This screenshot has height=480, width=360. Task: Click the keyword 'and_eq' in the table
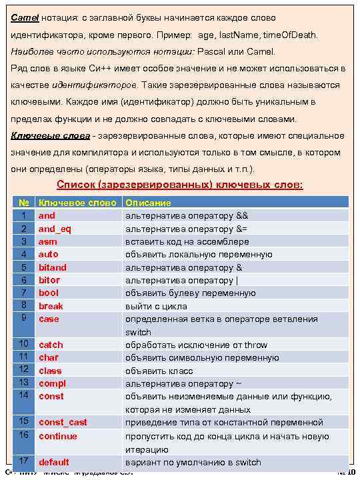(x=55, y=229)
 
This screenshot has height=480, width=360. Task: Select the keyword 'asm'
(x=47, y=241)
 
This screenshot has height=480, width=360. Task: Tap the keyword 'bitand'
(x=52, y=267)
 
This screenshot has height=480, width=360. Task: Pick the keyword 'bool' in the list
(x=48, y=293)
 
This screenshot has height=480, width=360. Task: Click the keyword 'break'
(x=51, y=306)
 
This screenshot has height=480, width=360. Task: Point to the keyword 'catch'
(x=51, y=345)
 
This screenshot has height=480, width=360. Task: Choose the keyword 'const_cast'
(x=63, y=422)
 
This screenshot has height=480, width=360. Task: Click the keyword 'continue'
(x=57, y=436)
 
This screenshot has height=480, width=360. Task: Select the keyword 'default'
(x=54, y=462)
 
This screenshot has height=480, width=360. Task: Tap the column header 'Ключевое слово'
(x=77, y=203)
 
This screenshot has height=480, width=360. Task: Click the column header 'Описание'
(x=148, y=203)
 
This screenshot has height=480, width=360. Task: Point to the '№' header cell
(x=23, y=203)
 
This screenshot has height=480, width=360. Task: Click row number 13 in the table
(x=23, y=383)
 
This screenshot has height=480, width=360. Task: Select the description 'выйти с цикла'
(x=156, y=306)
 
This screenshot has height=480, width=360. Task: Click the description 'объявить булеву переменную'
(x=191, y=293)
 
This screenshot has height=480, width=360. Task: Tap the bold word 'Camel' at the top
(x=25, y=17)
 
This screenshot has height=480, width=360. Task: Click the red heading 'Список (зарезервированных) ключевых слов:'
(x=180, y=185)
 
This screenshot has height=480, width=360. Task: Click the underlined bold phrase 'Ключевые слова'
(x=50, y=136)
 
